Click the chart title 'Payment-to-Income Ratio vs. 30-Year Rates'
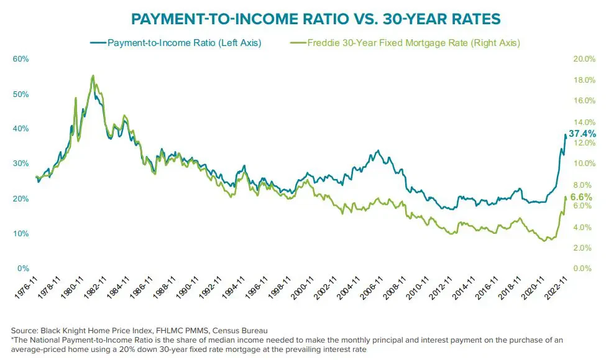[303, 20]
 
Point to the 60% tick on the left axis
[21, 59]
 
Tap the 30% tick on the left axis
[21, 164]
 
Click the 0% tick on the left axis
[24, 269]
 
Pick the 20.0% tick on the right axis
[584, 59]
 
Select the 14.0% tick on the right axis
[584, 122]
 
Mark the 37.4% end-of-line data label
[583, 134]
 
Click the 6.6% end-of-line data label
[581, 197]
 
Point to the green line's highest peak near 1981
[93, 76]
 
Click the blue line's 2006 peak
[378, 150]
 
